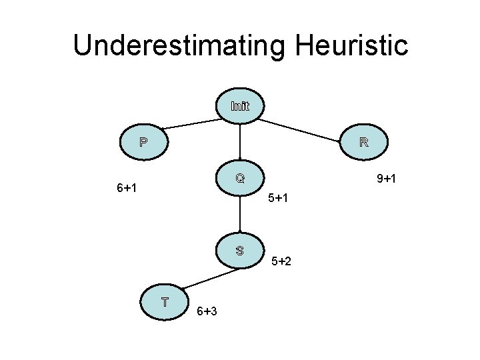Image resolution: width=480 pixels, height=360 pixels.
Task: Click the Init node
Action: [240, 106]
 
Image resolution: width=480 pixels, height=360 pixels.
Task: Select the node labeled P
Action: [143, 142]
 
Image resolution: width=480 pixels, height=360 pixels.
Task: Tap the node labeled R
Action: [364, 142]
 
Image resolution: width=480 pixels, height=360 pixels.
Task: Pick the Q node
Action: [240, 179]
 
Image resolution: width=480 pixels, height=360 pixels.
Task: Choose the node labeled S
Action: [240, 251]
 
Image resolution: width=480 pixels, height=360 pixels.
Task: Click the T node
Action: [164, 301]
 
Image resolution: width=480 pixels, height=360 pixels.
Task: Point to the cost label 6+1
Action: [127, 188]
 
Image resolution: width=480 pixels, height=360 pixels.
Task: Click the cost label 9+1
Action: [387, 179]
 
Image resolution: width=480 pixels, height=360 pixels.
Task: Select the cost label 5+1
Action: [277, 198]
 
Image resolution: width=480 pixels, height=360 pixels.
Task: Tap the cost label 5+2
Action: [281, 261]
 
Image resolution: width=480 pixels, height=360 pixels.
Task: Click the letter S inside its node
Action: [240, 251]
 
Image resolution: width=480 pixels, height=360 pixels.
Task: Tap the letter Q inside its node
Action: [240, 179]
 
